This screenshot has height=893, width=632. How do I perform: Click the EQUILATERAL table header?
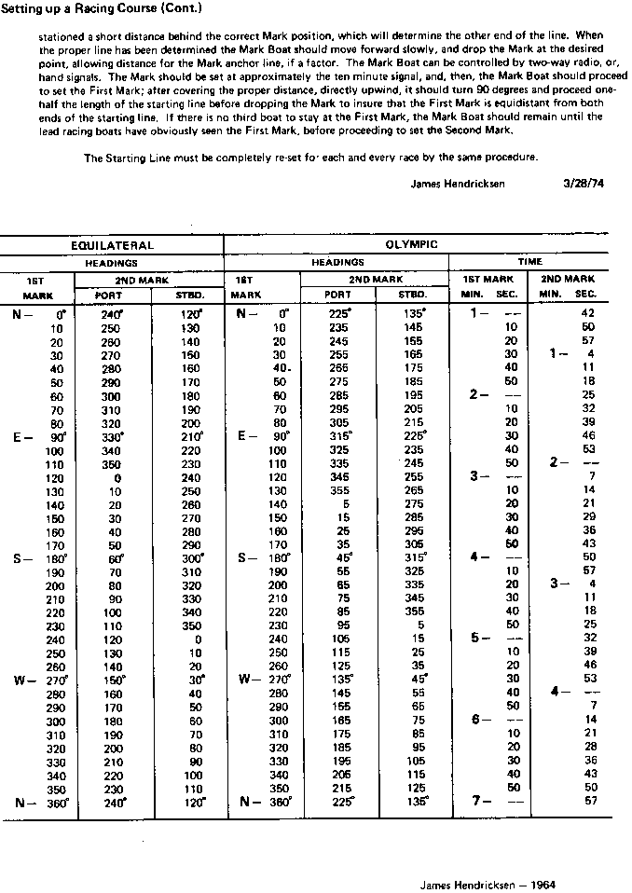pyautogui.click(x=112, y=245)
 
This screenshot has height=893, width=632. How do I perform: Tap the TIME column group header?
pyautogui.click(x=529, y=262)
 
